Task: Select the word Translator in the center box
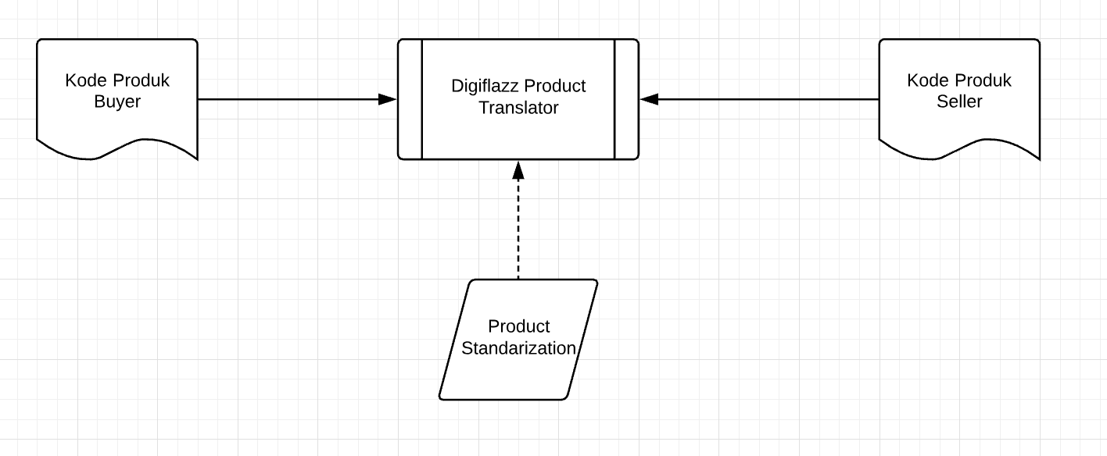(518, 109)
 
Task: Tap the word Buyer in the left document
(117, 102)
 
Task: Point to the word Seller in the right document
(959, 102)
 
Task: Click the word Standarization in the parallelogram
(518, 348)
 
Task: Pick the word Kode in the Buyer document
(86, 80)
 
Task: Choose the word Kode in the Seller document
(928, 80)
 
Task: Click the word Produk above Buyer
(141, 80)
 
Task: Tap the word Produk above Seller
(983, 80)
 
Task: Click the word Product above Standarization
(518, 326)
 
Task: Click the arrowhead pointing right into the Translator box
(388, 99)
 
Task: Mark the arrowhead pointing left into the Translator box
(650, 99)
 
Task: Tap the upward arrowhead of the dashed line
(518, 169)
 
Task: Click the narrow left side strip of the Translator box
(410, 99)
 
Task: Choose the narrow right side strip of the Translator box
(626, 99)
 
